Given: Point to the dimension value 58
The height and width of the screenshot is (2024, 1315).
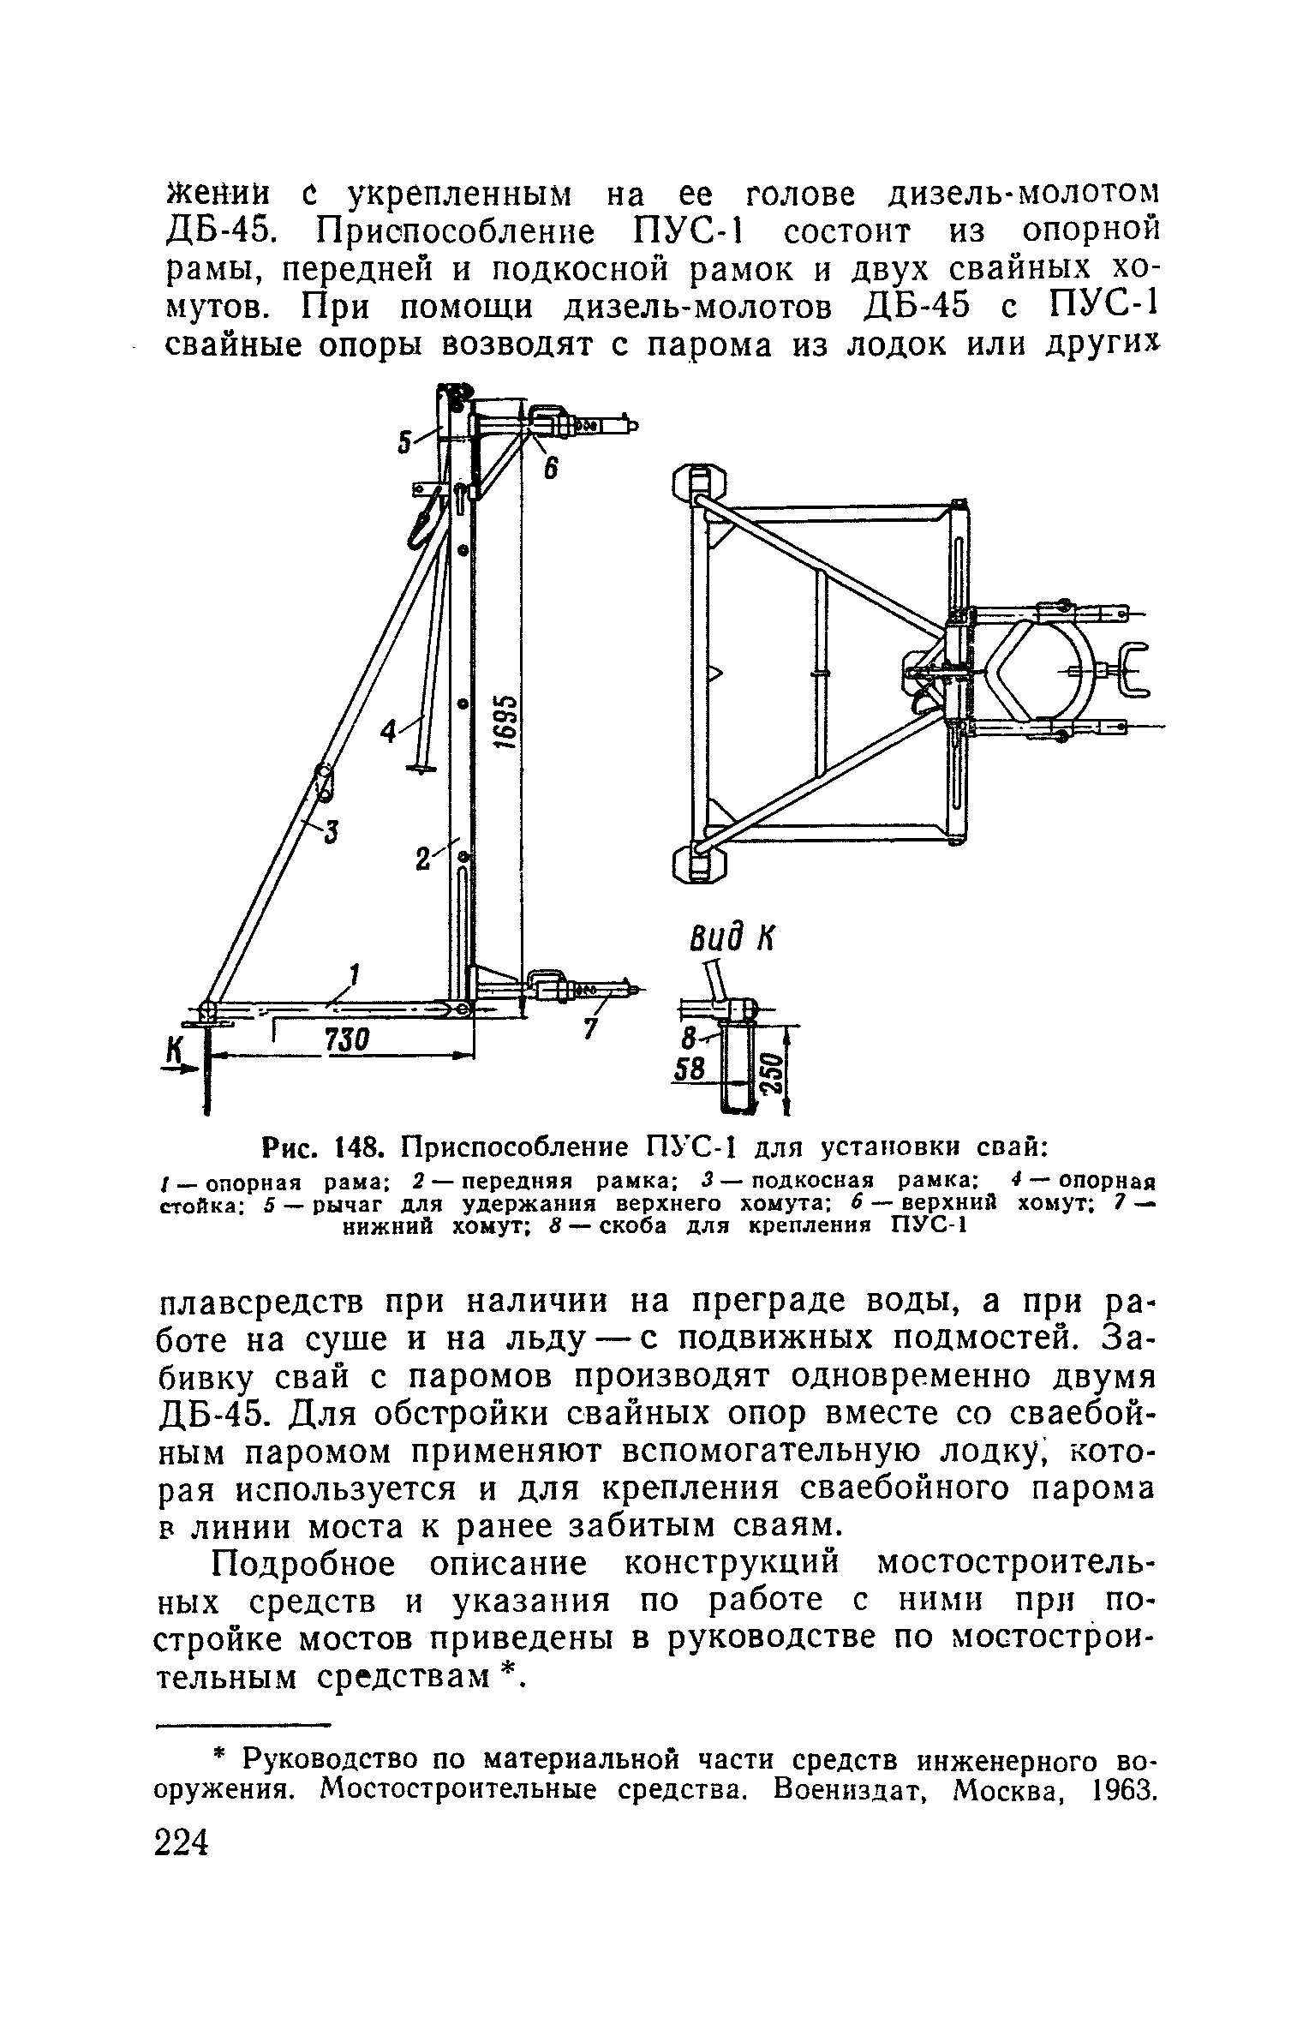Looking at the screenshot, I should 691,1070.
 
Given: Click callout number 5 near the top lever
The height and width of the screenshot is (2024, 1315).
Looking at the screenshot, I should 406,442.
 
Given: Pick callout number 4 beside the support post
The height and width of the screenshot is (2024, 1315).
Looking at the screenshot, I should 390,732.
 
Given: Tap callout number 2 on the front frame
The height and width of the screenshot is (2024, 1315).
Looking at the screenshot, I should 422,859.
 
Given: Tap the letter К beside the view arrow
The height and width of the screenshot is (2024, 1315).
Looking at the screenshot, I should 176,1051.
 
